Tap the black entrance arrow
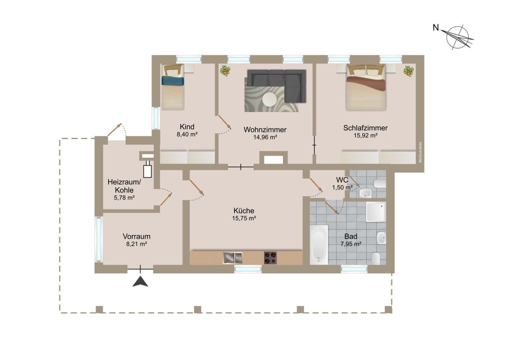[140, 281]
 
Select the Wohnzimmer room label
[265, 130]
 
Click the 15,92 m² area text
[365, 136]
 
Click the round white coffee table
[270, 99]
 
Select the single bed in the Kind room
[173, 87]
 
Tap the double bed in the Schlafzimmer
[365, 88]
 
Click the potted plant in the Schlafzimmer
[408, 71]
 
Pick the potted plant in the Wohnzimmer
[225, 71]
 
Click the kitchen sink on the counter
[233, 258]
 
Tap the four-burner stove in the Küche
[270, 258]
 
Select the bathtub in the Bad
[319, 245]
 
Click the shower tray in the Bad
[376, 212]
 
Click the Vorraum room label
[136, 236]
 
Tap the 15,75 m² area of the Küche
[244, 218]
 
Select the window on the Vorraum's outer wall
[99, 239]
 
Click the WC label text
[342, 180]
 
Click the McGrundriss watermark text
[420, 152]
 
